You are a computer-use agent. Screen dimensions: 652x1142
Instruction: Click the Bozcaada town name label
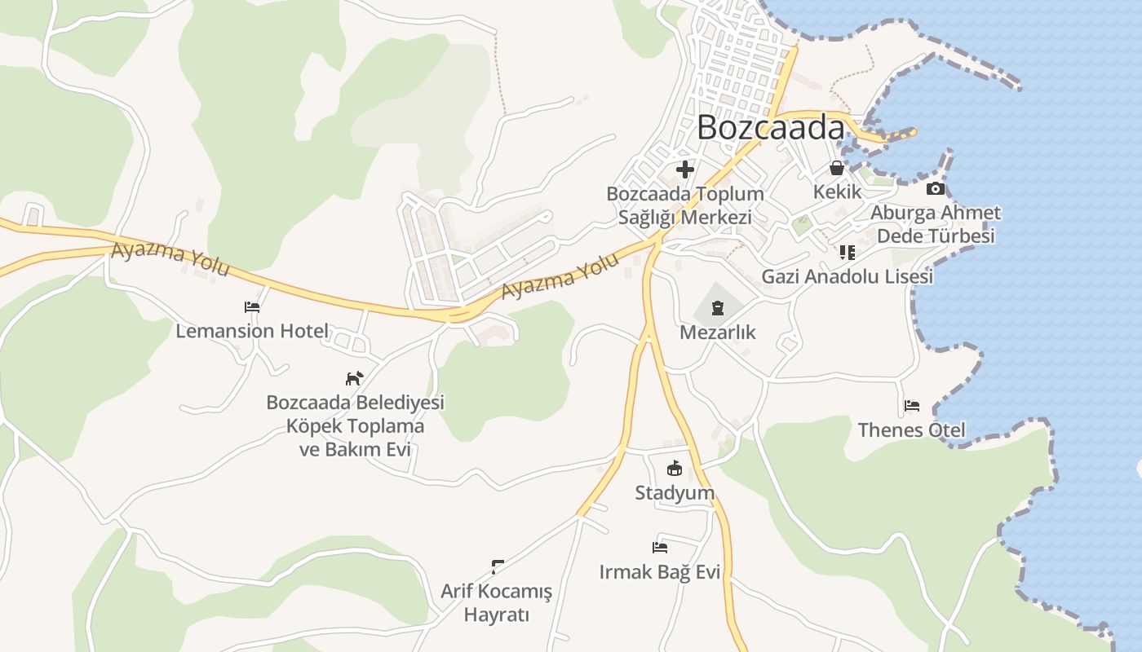pos(771,128)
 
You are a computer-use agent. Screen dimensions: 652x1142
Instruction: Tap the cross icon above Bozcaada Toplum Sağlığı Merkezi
pos(685,170)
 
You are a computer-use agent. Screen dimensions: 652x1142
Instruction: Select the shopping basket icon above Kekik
pos(837,169)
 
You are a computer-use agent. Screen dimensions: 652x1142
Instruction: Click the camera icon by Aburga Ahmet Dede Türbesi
pos(936,189)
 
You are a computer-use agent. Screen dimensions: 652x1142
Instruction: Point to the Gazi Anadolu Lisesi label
pos(847,277)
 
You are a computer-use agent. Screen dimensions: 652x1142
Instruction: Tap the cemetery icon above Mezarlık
pos(717,308)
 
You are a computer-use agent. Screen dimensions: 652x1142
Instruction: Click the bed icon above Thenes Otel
pos(912,406)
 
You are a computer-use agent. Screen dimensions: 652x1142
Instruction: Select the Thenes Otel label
pos(911,430)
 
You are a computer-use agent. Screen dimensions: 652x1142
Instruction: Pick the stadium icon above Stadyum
pos(675,469)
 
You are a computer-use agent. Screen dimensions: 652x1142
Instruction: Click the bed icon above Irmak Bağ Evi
pos(660,547)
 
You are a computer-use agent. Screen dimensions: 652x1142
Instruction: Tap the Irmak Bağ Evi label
pos(659,572)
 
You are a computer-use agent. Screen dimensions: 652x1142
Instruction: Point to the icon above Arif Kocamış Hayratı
pos(497,566)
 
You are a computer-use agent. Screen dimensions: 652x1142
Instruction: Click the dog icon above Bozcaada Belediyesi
pos(354,378)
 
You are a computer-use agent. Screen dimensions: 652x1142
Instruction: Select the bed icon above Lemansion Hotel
pos(252,307)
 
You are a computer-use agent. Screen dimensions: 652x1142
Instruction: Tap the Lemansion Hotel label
pos(252,331)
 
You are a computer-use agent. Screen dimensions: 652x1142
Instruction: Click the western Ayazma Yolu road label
pos(170,259)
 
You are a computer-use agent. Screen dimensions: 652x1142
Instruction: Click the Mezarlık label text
pos(718,333)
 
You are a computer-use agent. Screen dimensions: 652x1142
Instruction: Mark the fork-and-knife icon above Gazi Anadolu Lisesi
pos(847,253)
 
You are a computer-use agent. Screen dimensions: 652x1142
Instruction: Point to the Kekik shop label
pos(837,192)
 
